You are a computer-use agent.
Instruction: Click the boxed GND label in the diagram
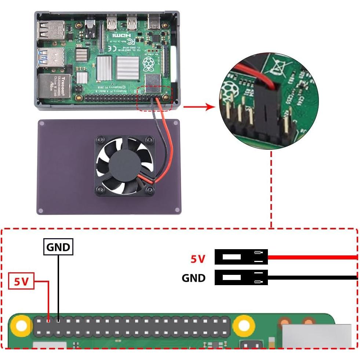pyautogui.click(x=58, y=247)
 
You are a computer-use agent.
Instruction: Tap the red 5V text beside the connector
pyautogui.click(x=198, y=259)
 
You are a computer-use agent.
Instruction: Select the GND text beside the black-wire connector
pyautogui.click(x=193, y=278)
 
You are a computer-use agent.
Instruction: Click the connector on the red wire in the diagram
pyautogui.click(x=241, y=257)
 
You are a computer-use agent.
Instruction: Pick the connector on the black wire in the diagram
pyautogui.click(x=241, y=277)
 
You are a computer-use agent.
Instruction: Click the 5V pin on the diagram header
pyautogui.click(x=49, y=320)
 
